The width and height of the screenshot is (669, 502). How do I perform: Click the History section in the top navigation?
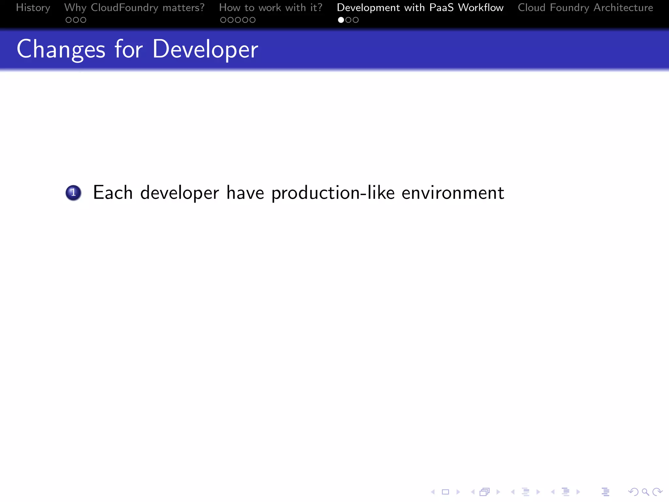(x=33, y=8)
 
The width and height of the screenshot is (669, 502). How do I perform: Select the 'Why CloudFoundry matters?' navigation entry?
(x=134, y=8)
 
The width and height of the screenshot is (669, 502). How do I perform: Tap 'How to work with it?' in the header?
(x=270, y=8)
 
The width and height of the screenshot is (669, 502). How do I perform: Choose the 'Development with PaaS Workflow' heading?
(x=420, y=8)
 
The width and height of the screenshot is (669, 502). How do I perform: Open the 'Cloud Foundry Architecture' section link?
(x=585, y=8)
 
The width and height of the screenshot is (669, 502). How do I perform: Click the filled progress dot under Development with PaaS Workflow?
(x=341, y=20)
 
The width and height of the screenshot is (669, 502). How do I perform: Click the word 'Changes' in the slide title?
(x=61, y=49)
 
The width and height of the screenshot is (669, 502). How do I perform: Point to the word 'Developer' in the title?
(x=205, y=49)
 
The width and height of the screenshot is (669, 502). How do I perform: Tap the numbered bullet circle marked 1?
(x=73, y=192)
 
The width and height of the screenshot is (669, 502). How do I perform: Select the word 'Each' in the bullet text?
(x=113, y=192)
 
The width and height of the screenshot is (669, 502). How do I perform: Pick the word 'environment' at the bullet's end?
(x=453, y=192)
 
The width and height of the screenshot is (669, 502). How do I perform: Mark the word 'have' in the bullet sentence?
(x=245, y=192)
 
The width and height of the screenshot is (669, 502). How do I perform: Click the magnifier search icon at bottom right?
(x=645, y=492)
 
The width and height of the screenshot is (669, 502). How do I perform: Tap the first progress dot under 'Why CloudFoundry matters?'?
(x=69, y=20)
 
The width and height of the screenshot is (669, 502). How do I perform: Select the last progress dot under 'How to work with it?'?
(x=253, y=20)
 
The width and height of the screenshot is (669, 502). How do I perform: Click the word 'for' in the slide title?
(x=129, y=49)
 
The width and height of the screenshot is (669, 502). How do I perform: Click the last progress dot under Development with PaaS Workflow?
(x=356, y=20)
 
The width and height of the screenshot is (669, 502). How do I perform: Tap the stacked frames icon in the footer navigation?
(x=484, y=492)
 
